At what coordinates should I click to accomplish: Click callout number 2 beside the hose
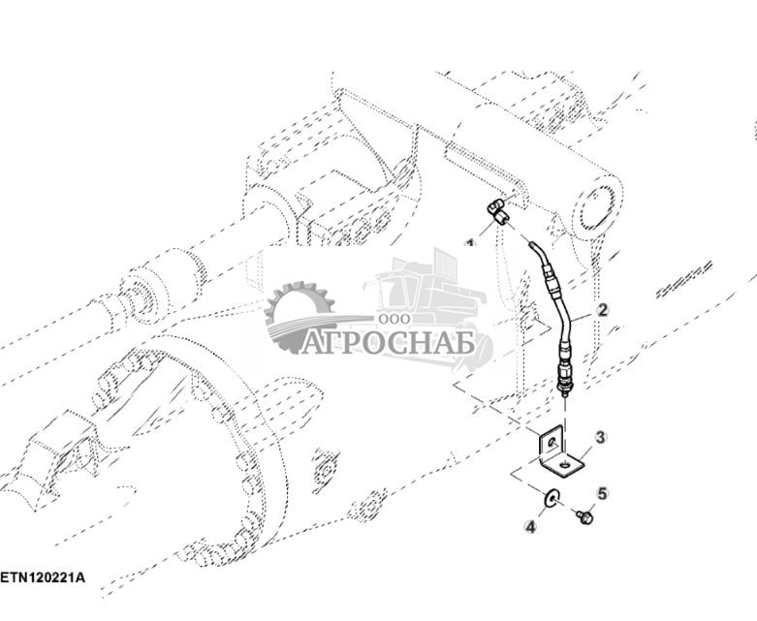(602, 310)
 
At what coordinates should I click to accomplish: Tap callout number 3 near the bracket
(600, 437)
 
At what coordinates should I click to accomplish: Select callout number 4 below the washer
(530, 527)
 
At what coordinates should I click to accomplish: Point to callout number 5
(601, 493)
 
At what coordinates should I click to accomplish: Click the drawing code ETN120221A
(43, 577)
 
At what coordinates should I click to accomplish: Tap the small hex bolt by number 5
(584, 518)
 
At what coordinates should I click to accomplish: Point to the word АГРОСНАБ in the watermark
(387, 343)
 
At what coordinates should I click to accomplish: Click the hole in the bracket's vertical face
(551, 443)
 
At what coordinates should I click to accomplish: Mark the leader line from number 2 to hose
(582, 316)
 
